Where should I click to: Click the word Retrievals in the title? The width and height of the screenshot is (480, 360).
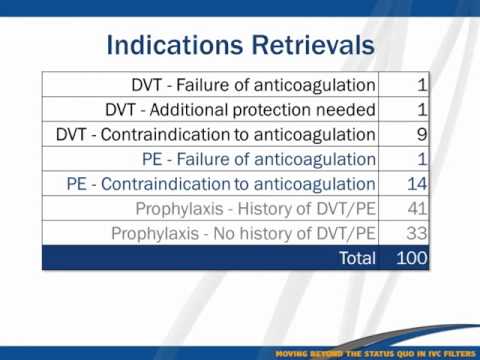[313, 46]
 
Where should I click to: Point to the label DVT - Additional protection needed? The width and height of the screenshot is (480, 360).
[240, 109]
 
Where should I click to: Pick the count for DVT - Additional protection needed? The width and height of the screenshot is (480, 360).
[422, 109]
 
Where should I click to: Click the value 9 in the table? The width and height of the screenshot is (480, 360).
[422, 134]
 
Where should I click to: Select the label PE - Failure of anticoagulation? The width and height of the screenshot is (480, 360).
[260, 159]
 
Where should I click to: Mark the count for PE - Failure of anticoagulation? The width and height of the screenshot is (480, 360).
[422, 159]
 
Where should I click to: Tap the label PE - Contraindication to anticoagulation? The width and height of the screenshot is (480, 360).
[221, 184]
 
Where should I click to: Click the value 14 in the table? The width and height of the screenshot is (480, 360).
[416, 184]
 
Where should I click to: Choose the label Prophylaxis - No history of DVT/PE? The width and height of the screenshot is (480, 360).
[243, 234]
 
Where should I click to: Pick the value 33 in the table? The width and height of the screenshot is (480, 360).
[416, 234]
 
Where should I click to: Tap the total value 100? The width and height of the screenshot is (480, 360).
[410, 258]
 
